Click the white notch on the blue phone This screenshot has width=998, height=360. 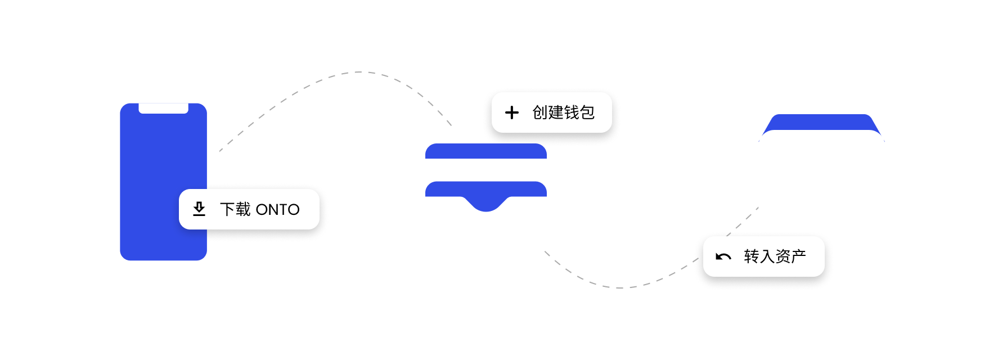(x=163, y=108)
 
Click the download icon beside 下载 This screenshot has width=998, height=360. (x=199, y=209)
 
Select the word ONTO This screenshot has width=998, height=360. (x=277, y=209)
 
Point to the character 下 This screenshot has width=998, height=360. (x=227, y=209)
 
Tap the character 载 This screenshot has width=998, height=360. (x=243, y=209)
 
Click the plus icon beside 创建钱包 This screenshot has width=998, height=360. (x=512, y=112)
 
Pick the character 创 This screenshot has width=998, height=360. (x=540, y=112)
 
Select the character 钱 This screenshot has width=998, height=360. (x=572, y=112)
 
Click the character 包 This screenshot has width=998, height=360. (x=587, y=112)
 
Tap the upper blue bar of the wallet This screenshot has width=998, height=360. (x=486, y=151)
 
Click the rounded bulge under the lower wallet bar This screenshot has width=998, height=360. (x=486, y=204)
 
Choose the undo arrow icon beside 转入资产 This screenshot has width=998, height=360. (x=723, y=256)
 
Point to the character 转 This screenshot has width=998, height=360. (x=752, y=256)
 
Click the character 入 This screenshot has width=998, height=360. (x=767, y=256)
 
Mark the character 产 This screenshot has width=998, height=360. (x=799, y=256)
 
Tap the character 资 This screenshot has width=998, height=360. (x=783, y=256)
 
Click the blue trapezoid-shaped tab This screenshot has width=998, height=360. (x=821, y=122)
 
